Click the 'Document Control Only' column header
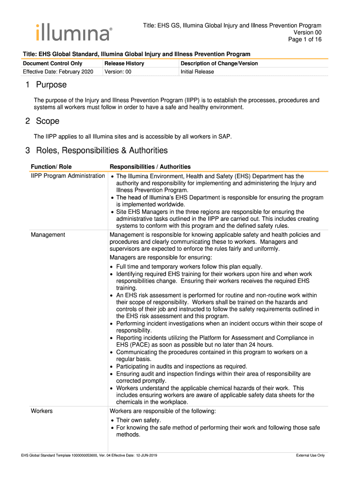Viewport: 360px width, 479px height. (52, 64)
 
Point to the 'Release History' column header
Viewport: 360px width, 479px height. (124, 64)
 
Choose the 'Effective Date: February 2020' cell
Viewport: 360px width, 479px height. (58, 72)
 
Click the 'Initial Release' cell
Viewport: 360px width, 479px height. (197, 72)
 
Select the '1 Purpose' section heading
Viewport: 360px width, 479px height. (46, 85)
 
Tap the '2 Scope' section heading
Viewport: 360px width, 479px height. (42, 121)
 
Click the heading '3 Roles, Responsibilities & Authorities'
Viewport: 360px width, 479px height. (96, 151)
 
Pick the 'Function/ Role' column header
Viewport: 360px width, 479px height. (51, 167)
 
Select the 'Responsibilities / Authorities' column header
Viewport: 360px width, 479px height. (150, 167)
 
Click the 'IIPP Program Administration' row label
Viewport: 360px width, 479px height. (68, 176)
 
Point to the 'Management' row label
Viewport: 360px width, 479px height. (48, 235)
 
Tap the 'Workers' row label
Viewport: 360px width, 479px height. (42, 411)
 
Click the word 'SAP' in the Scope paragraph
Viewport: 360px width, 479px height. (224, 137)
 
